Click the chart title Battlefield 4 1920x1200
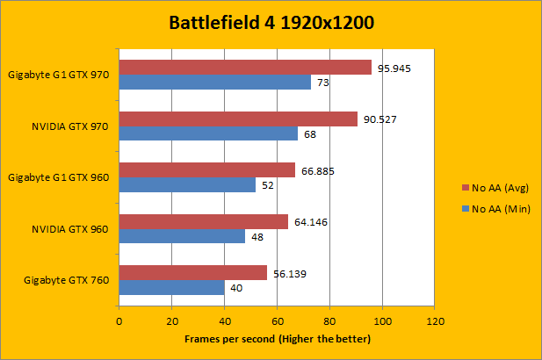[x=271, y=23]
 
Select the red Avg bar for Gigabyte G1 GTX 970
[x=245, y=68]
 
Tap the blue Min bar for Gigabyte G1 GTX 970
[x=215, y=83]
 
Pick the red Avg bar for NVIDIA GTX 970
[x=238, y=119]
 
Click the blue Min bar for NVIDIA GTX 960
[x=182, y=236]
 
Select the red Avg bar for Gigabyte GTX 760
[x=192, y=273]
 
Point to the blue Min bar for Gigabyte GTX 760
[x=171, y=287]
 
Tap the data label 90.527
[x=380, y=119]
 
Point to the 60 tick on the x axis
[x=278, y=321]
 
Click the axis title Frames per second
[x=278, y=339]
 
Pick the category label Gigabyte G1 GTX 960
[x=58, y=177]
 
